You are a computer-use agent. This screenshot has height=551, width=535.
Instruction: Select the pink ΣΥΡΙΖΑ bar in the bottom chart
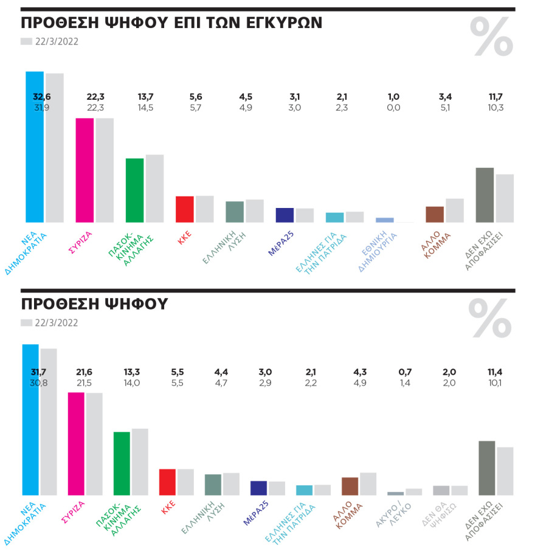point(76,444)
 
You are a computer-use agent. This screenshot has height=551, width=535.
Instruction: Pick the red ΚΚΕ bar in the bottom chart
point(167,482)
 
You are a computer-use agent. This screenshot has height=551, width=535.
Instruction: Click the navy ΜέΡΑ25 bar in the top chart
point(285,215)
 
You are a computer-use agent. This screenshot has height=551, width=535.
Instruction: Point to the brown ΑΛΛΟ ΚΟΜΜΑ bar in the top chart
point(435,214)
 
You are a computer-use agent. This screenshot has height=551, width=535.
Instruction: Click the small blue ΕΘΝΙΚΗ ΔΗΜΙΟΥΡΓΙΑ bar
point(385,220)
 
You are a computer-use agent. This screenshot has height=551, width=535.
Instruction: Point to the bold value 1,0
point(394,97)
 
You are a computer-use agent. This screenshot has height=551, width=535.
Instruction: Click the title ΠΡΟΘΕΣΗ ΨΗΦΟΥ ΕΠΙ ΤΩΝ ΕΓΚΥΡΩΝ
point(171,23)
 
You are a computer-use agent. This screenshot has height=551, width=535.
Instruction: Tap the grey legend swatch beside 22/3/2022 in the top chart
point(26,41)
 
